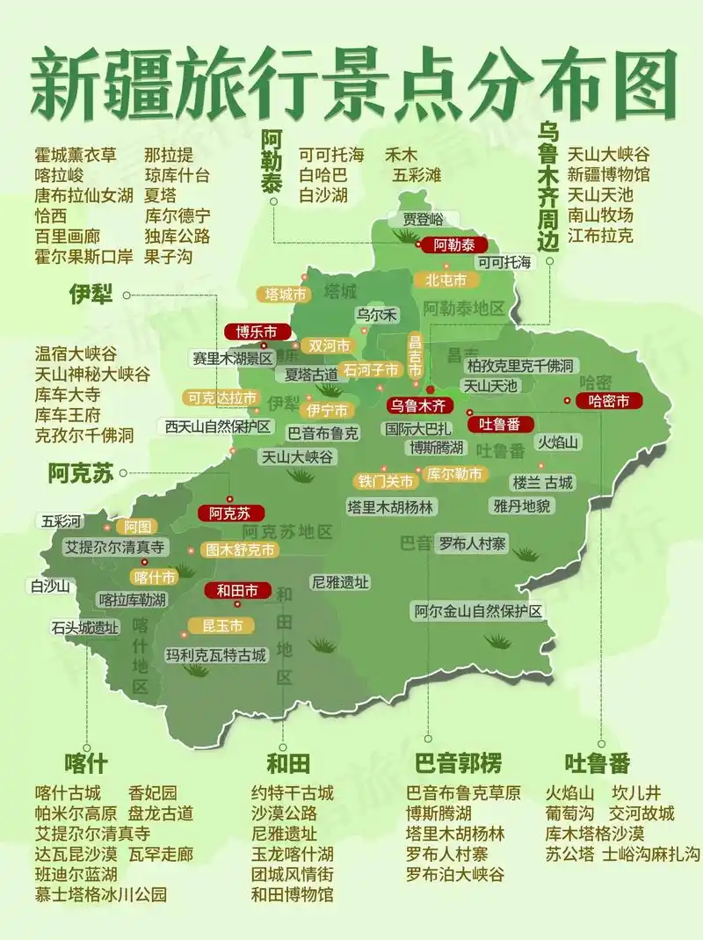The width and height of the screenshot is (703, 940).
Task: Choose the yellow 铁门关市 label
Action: (385, 481)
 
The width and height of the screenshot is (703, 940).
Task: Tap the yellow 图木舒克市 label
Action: (239, 550)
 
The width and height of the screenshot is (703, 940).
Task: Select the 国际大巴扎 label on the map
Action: (417, 429)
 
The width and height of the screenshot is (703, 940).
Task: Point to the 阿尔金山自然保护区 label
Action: (479, 610)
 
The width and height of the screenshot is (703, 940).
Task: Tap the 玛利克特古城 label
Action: (216, 655)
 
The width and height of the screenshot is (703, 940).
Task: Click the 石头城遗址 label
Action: (84, 628)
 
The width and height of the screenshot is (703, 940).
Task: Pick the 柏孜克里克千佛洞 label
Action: (520, 365)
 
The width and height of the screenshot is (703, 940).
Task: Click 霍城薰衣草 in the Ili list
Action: (76, 155)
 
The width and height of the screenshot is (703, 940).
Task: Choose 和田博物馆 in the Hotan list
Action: (293, 894)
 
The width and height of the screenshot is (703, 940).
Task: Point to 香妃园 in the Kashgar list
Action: (153, 792)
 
